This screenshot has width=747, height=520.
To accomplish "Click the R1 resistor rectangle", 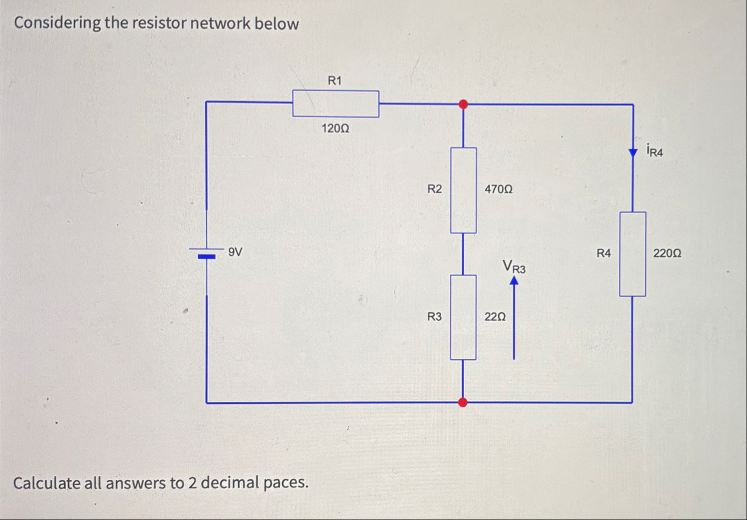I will pyautogui.click(x=336, y=103).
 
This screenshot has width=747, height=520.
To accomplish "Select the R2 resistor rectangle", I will pyautogui.click(x=463, y=190).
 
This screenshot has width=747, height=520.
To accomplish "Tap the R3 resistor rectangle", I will pyautogui.click(x=463, y=318).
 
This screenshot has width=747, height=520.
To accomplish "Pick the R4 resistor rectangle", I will pyautogui.click(x=633, y=254).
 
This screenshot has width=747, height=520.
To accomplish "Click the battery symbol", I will pyautogui.click(x=206, y=254).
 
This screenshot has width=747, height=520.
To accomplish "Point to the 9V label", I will pyautogui.click(x=235, y=252).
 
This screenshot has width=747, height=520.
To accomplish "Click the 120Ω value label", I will pyautogui.click(x=335, y=129).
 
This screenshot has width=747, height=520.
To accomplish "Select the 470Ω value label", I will pyautogui.click(x=498, y=189).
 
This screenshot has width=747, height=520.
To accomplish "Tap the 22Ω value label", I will pyautogui.click(x=495, y=317).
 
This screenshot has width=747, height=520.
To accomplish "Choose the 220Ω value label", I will pyautogui.click(x=667, y=254).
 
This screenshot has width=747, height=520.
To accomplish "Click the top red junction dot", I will pyautogui.click(x=463, y=104).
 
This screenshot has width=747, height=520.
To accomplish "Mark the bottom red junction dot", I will pyautogui.click(x=463, y=402).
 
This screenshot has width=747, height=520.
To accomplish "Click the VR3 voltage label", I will pyautogui.click(x=514, y=267).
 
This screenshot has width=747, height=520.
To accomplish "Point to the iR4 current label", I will pyautogui.click(x=655, y=150).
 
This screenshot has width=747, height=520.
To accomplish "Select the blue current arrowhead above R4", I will pyautogui.click(x=633, y=152).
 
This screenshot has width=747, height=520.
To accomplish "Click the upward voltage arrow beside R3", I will pyautogui.click(x=514, y=319).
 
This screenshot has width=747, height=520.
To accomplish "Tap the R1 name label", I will pyautogui.click(x=334, y=81).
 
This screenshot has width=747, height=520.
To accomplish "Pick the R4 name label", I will pyautogui.click(x=603, y=253).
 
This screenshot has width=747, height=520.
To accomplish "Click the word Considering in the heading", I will pyautogui.click(x=58, y=23).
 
